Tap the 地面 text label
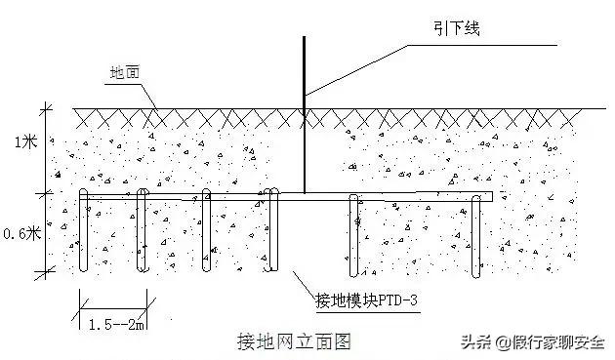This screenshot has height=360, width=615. point(125,72)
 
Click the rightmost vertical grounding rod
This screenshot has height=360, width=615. point(477,234)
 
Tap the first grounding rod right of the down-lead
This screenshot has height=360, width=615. point(353,234)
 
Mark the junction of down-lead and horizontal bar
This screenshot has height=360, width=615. point(304,195)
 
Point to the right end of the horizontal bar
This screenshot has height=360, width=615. point(490,196)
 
